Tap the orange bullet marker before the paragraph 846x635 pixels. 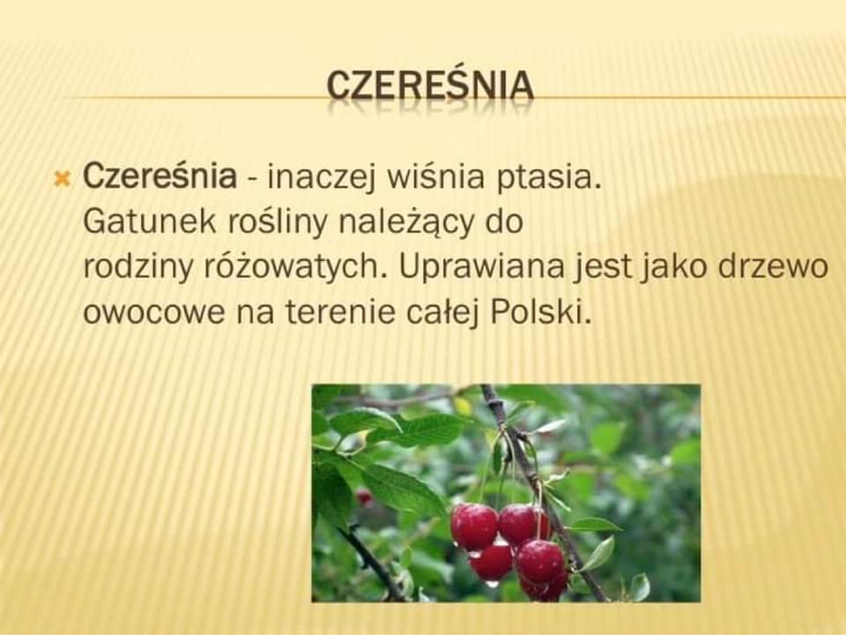coord(63,177)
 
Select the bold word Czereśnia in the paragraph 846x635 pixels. coord(160,176)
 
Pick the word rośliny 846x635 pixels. coord(277,222)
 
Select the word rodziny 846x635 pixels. coord(137,267)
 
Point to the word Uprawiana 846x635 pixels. coord(481,266)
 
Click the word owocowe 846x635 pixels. coord(153,312)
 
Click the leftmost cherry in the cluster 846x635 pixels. coord(474,527)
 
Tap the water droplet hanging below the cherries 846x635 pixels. coord(493,583)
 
